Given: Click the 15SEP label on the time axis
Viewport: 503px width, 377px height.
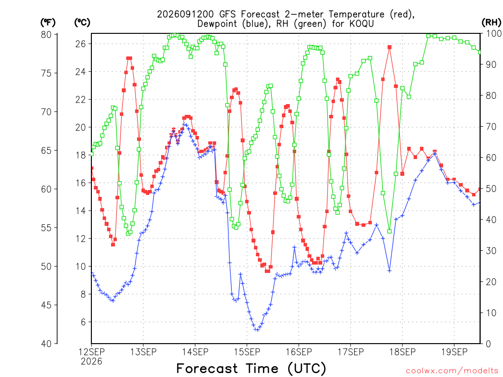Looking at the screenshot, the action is [247, 352].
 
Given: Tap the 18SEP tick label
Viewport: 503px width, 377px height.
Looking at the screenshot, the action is [402, 352].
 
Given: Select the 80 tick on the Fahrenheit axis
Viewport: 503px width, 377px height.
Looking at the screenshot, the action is [46, 34].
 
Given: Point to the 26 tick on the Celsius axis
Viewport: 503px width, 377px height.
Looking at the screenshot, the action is [81, 44].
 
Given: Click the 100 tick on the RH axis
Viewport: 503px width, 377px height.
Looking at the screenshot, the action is [494, 33].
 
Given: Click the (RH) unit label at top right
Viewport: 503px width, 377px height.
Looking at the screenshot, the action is [491, 22].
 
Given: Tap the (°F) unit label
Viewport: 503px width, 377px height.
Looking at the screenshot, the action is [48, 23].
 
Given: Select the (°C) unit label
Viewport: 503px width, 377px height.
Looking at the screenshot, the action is [82, 23].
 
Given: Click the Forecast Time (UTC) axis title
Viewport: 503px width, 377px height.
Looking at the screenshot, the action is [251, 368].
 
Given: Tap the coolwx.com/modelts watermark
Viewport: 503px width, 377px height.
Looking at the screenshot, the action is [452, 371].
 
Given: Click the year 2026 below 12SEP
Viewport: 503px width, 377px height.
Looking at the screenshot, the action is [91, 361].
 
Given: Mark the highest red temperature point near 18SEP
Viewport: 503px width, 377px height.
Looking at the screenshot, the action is [390, 47].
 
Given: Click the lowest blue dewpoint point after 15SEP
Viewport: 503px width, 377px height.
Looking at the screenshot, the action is [256, 329].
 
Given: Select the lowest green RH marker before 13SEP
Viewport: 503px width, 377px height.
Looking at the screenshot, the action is [128, 233].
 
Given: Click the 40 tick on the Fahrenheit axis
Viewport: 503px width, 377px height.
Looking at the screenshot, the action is [46, 344].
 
